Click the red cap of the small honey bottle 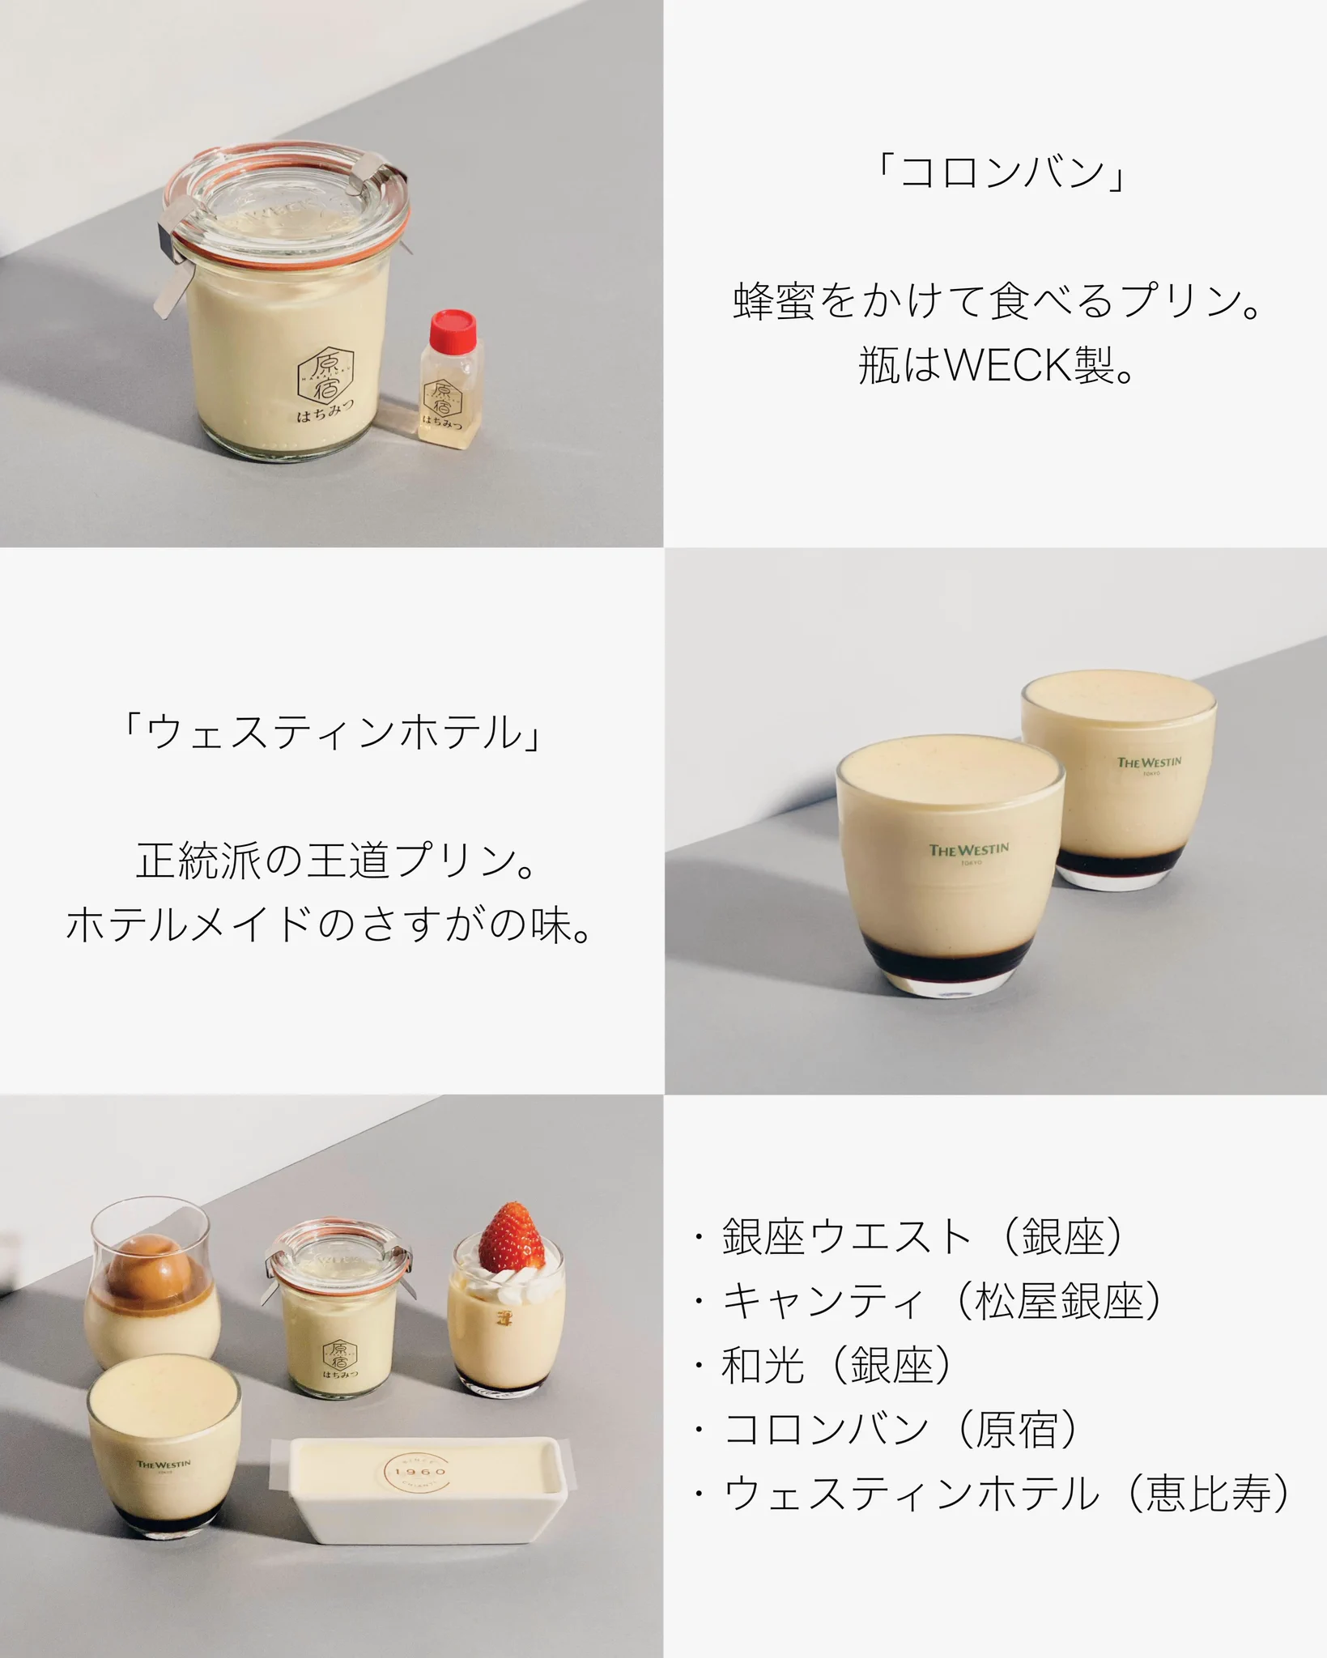451,328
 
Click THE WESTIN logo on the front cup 968,851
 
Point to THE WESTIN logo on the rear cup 1149,763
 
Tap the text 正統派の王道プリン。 336,861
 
